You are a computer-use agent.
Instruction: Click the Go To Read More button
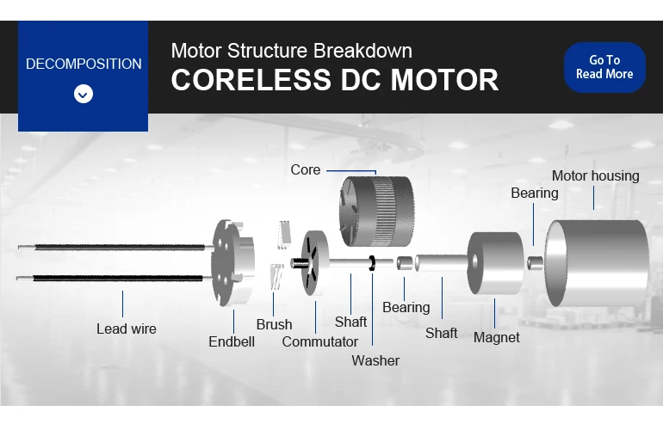pos(604,67)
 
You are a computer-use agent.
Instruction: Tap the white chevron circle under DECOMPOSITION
pos(84,94)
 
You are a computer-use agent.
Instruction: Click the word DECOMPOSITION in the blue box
pos(84,64)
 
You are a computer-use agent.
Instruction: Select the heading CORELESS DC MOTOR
pos(334,80)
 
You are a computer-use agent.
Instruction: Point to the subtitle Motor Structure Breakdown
pos(291,50)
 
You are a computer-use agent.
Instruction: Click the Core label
pos(306,170)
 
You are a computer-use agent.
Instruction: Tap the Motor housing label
pos(595,176)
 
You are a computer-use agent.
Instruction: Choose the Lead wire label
pos(126,329)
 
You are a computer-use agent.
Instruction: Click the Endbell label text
pos(232,341)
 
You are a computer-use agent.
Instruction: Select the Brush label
pos(274,324)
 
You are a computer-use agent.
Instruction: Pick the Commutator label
pos(319,341)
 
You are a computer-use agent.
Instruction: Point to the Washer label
pos(375,360)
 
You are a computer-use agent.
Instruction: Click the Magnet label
pos(496,337)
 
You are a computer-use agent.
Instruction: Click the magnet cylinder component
pos(495,262)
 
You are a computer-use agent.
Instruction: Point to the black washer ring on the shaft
pos(372,262)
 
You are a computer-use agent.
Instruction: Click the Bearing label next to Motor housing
pos(534,193)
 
